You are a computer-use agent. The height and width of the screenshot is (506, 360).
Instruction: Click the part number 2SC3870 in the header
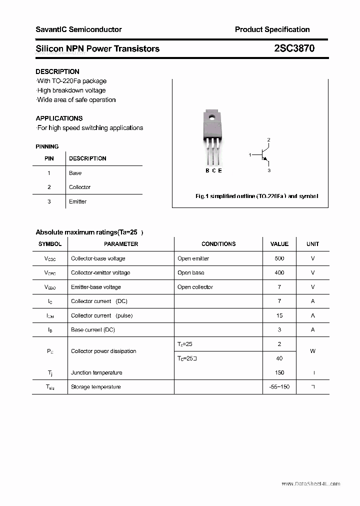pyautogui.click(x=294, y=48)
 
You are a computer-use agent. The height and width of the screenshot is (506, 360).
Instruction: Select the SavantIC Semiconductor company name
pyautogui.click(x=78, y=29)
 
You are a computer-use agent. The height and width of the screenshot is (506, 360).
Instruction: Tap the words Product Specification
pyautogui.click(x=272, y=29)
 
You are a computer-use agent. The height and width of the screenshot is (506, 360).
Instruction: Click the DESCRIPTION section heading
pyautogui.click(x=57, y=71)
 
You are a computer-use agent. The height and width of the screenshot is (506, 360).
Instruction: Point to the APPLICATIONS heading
pyautogui.click(x=59, y=118)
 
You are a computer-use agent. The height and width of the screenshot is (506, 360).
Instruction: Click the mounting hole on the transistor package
pyautogui.click(x=212, y=118)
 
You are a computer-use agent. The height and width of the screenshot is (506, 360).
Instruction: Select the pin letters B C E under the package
pyautogui.click(x=213, y=170)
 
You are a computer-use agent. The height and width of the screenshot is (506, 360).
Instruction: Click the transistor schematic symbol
pyautogui.click(x=263, y=155)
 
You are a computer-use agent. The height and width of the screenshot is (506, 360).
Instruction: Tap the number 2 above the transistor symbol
pyautogui.click(x=269, y=140)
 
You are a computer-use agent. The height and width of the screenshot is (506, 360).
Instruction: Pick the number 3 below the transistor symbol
pyautogui.click(x=269, y=170)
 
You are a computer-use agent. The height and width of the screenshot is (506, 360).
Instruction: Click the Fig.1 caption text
pyautogui.click(x=256, y=196)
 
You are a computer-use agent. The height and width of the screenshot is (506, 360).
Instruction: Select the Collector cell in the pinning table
pyautogui.click(x=80, y=187)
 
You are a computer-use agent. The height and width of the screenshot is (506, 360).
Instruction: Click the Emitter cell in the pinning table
pyautogui.click(x=78, y=201)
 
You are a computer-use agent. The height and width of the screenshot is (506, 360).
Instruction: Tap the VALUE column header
pyautogui.click(x=279, y=244)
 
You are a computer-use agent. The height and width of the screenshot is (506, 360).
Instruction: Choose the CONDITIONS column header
pyautogui.click(x=218, y=244)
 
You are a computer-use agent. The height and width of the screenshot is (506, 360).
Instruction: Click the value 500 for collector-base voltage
pyautogui.click(x=279, y=258)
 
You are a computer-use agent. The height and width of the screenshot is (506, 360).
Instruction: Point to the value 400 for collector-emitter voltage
pyautogui.click(x=279, y=272)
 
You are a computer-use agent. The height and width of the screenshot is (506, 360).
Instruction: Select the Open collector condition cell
pyautogui.click(x=195, y=287)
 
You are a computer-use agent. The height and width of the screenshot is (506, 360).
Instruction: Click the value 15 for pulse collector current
pyautogui.click(x=279, y=315)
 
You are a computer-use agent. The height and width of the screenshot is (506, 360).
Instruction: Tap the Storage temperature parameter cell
pyautogui.click(x=96, y=386)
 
